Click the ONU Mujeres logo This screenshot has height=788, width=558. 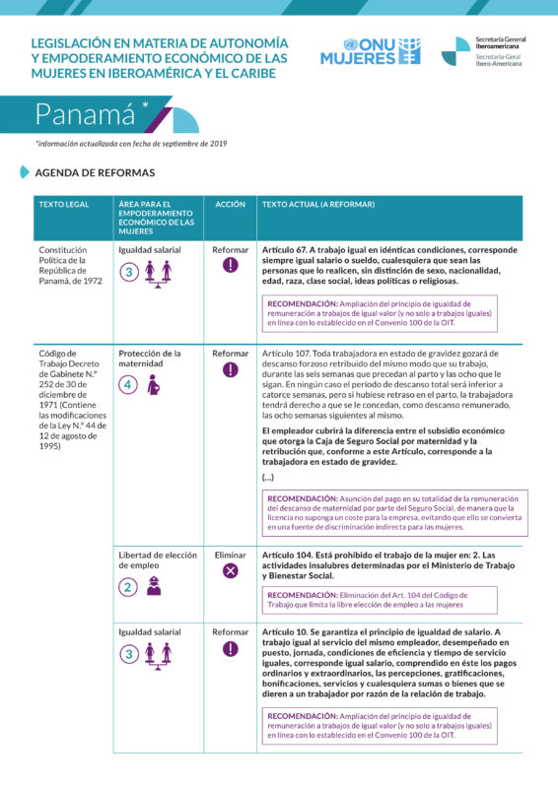370,50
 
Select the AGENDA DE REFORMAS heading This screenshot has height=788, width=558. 95,172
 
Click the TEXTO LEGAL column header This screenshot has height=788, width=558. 63,204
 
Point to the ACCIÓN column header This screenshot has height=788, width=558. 231,204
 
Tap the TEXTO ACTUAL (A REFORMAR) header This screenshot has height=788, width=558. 318,204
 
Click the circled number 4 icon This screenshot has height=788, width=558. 128,386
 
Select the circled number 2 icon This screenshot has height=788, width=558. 128,588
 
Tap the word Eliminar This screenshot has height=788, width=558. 231,556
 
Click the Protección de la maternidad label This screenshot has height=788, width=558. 150,358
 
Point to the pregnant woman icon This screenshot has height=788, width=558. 154,386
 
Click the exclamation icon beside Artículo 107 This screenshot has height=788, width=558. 231,370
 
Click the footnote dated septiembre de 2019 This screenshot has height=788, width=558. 131,144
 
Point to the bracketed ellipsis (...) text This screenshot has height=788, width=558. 268,477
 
